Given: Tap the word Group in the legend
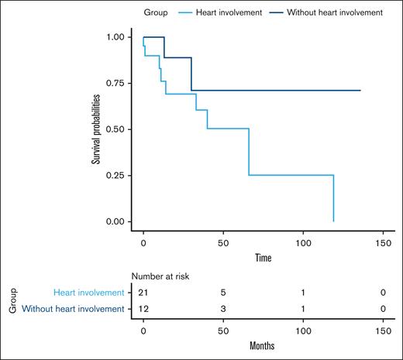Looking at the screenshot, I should pos(157,13).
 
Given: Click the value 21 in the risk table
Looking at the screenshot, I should pos(144,293).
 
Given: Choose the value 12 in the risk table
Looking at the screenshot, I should pos(144,309).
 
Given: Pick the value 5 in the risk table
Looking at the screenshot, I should pos(223,293).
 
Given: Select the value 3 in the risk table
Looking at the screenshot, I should pos(223,309).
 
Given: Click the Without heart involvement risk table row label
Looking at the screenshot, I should pos(73,309).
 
